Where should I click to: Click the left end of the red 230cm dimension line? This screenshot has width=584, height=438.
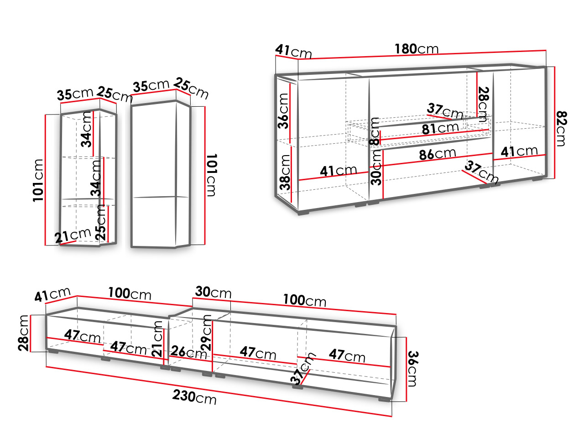tap(46, 367)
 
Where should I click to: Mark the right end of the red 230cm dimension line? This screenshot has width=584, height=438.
tap(391, 416)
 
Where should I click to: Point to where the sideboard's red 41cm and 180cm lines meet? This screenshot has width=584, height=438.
tap(298, 59)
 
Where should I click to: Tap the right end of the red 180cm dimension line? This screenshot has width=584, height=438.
tap(546, 50)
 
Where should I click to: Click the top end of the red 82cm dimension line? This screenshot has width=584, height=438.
tap(554, 67)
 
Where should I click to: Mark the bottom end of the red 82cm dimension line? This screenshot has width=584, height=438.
tap(554, 178)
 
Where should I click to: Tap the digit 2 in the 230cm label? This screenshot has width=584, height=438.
tap(176, 395)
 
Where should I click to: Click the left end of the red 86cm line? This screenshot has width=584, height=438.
tap(370, 167)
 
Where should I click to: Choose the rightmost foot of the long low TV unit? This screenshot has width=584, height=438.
tap(384, 399)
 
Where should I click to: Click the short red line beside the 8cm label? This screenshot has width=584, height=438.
tap(380, 137)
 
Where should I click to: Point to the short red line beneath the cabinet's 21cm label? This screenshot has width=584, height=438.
tap(68, 242)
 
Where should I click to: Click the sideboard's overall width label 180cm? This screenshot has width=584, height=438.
tap(416, 49)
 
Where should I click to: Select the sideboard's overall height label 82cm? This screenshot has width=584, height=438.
tap(562, 129)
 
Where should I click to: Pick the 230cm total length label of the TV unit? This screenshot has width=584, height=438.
tap(194, 397)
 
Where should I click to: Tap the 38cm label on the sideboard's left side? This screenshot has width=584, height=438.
tap(285, 172)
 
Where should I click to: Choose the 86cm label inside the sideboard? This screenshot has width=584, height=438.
tap(438, 154)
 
